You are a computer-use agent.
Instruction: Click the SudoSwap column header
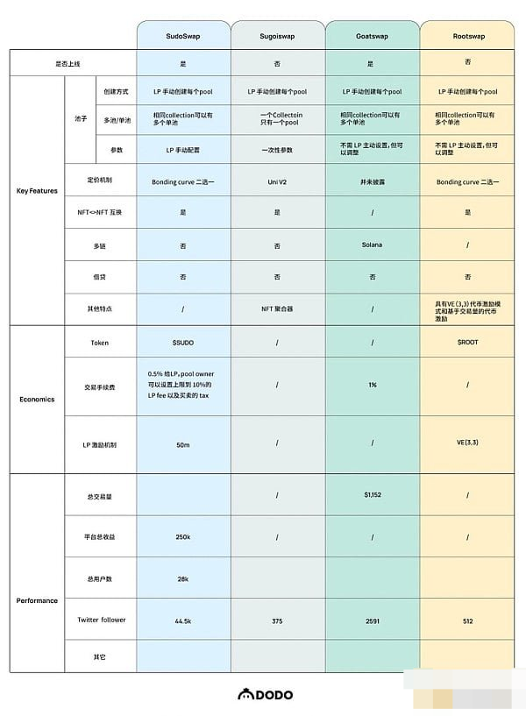pos(183,36)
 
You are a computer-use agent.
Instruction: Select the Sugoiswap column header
pos(278,36)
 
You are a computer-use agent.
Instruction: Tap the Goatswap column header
pos(373,36)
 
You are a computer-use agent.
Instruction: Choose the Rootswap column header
pos(468,36)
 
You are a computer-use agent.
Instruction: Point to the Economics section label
pos(37,399)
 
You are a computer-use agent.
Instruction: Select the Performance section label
pos(37,600)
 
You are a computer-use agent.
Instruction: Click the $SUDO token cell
pos(183,342)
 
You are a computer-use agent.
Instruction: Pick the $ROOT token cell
pos(468,342)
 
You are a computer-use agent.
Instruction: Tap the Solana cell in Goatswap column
pos(373,245)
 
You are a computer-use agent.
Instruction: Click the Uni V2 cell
pos(278,181)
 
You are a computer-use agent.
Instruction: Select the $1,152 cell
pos(373,495)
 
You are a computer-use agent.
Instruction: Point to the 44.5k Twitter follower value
pos(183,620)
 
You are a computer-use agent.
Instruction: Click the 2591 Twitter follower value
pos(373,620)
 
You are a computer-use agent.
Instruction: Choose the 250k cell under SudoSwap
pos(183,537)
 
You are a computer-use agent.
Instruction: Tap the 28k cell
pos(183,579)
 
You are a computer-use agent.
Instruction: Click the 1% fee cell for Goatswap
pos(373,384)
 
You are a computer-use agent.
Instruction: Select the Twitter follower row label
pos(101,620)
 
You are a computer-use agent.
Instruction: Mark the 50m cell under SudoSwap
pos(183,444)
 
